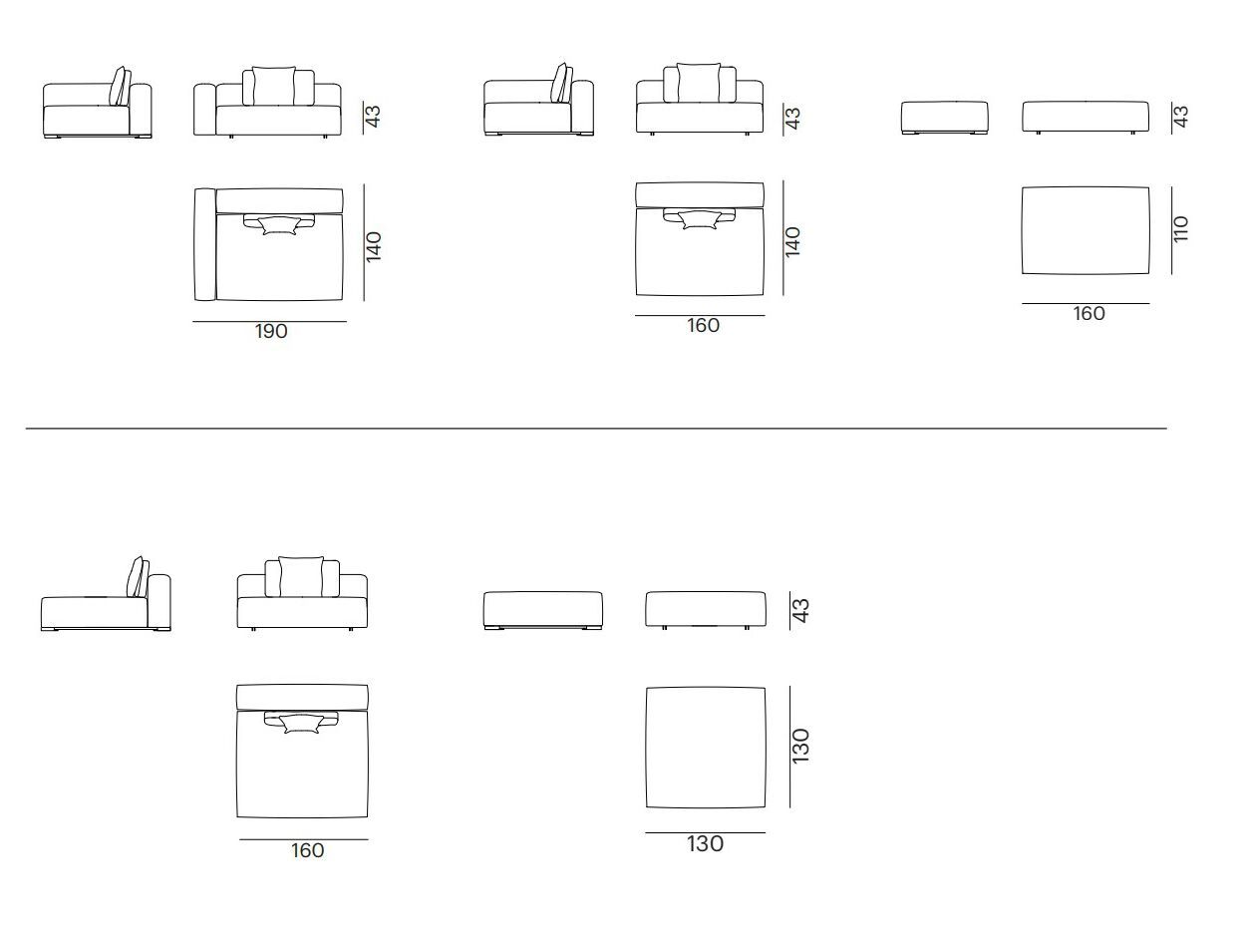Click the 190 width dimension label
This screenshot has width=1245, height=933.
271,331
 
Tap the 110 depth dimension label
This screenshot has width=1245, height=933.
1180,229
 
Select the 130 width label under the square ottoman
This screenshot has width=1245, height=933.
705,844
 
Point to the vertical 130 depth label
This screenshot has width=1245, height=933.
800,746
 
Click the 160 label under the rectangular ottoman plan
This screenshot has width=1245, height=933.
1089,313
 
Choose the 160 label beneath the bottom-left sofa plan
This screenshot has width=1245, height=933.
307,850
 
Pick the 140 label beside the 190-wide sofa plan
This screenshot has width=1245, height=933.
373,247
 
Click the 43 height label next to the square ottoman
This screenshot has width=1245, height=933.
800,610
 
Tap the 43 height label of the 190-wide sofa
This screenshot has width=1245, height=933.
373,117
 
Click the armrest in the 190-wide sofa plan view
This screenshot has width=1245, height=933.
204,244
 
